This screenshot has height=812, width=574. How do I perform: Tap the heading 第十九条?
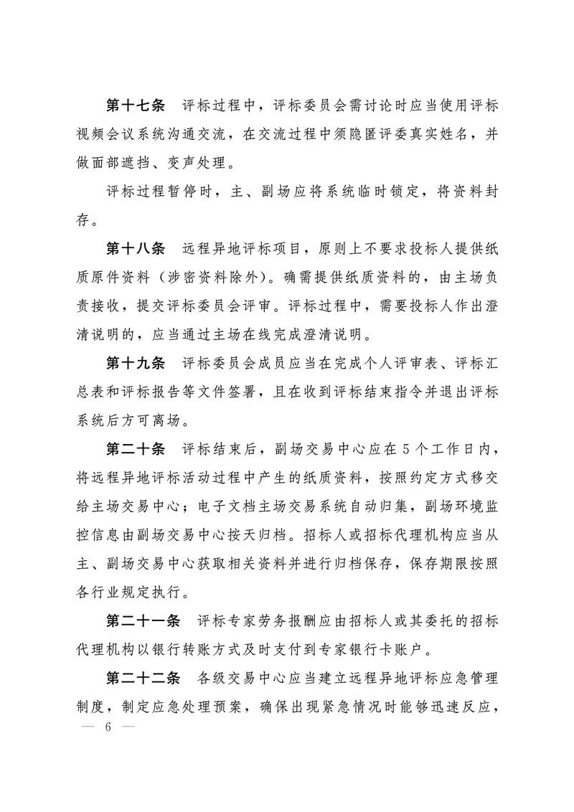pyautogui.click(x=136, y=364)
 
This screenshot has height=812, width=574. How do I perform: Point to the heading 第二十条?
pyautogui.click(x=136, y=450)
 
